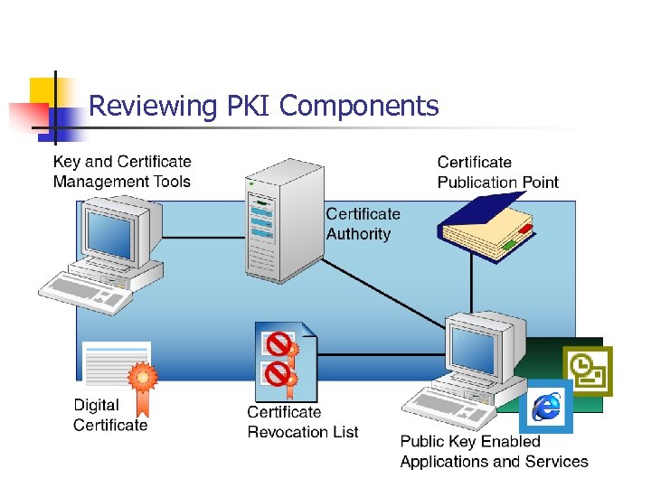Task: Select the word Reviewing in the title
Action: pyautogui.click(x=153, y=108)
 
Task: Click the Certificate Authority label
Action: pyautogui.click(x=363, y=224)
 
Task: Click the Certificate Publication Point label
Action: pyautogui.click(x=497, y=172)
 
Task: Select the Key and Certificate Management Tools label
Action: pyautogui.click(x=122, y=172)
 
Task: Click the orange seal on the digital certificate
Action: pyautogui.click(x=141, y=377)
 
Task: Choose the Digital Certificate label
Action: pyautogui.click(x=109, y=415)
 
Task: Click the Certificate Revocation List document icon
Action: pyautogui.click(x=286, y=361)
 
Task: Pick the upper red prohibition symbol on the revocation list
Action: pyautogui.click(x=279, y=343)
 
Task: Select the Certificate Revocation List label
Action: pyautogui.click(x=303, y=422)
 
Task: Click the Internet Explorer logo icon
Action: pyautogui.click(x=546, y=407)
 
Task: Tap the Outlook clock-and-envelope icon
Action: pyautogui.click(x=587, y=371)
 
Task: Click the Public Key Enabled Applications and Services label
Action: pyautogui.click(x=494, y=451)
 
